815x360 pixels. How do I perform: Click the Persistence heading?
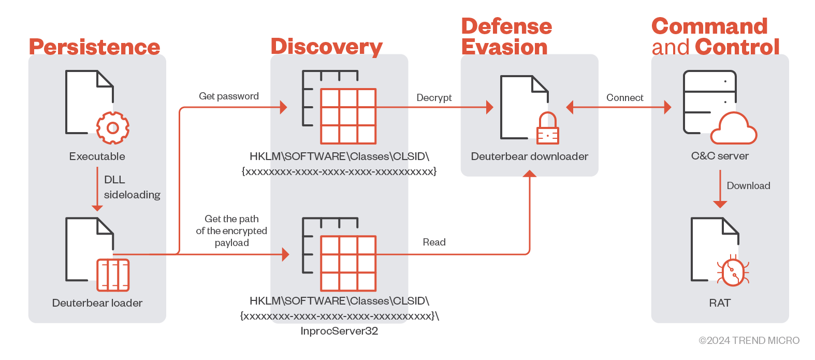pyautogui.click(x=94, y=47)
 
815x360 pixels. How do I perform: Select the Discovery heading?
pyautogui.click(x=326, y=47)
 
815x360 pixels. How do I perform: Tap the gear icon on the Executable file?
pyautogui.click(x=113, y=127)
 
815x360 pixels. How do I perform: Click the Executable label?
pyautogui.click(x=97, y=156)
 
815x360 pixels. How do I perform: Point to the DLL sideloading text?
pyautogui.click(x=132, y=187)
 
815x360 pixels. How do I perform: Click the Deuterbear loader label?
pyautogui.click(x=97, y=303)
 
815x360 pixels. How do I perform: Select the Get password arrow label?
pyautogui.click(x=229, y=96)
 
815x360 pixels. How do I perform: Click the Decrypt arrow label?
pyautogui.click(x=434, y=98)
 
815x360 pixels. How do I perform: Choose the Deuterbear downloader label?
pyautogui.click(x=529, y=156)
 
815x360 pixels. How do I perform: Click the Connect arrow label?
pyautogui.click(x=624, y=98)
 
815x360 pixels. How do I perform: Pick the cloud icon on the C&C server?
pyautogui.click(x=733, y=129)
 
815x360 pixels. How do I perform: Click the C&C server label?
pyautogui.click(x=720, y=156)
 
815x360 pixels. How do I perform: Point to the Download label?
pyautogui.click(x=748, y=186)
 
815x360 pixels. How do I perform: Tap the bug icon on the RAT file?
pyautogui.click(x=733, y=271)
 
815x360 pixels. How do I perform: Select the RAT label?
pyautogui.click(x=720, y=303)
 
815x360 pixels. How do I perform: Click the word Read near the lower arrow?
pyautogui.click(x=434, y=242)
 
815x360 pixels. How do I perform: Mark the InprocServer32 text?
pyautogui.click(x=339, y=331)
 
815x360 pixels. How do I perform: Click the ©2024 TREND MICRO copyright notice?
pyautogui.click(x=749, y=340)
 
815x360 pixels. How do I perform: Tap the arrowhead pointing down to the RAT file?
pyautogui.click(x=720, y=204)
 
